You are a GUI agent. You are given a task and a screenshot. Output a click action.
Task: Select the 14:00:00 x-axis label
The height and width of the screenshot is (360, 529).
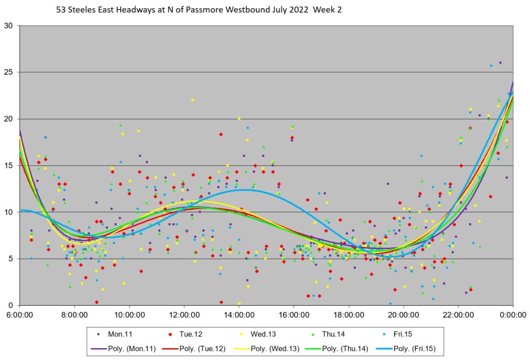tap(239, 314)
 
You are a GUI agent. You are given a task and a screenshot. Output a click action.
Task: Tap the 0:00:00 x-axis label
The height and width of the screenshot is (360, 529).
tap(512, 314)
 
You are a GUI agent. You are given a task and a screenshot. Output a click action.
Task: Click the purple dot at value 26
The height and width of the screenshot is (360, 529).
tap(500, 63)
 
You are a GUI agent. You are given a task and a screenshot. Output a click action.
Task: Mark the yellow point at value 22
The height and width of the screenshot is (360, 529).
tap(193, 100)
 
